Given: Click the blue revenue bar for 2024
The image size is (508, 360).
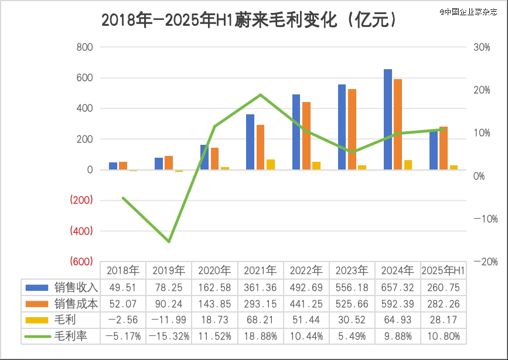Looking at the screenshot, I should (x=388, y=120).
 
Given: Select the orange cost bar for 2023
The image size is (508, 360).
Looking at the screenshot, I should (x=352, y=130).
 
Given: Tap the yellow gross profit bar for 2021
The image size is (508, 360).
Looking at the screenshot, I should (x=271, y=165).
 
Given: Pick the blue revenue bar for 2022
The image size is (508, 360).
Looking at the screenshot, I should (x=296, y=132).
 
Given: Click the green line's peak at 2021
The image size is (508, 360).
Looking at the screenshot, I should (x=260, y=94).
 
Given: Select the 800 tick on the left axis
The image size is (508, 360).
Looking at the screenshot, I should (x=85, y=47).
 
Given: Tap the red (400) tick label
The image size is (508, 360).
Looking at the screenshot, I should (x=81, y=231).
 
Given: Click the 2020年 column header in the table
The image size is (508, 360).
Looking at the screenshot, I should (x=214, y=270).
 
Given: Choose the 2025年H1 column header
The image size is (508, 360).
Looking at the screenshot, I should (x=444, y=270).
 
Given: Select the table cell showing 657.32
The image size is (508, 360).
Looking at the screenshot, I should (x=397, y=287).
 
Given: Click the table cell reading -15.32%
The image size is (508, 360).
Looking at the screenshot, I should (x=169, y=337).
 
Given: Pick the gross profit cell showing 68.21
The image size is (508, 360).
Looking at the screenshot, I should (x=260, y=320).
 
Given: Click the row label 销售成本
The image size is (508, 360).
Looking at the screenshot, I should (x=76, y=304).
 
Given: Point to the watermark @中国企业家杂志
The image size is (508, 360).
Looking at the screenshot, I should (x=472, y=11).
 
